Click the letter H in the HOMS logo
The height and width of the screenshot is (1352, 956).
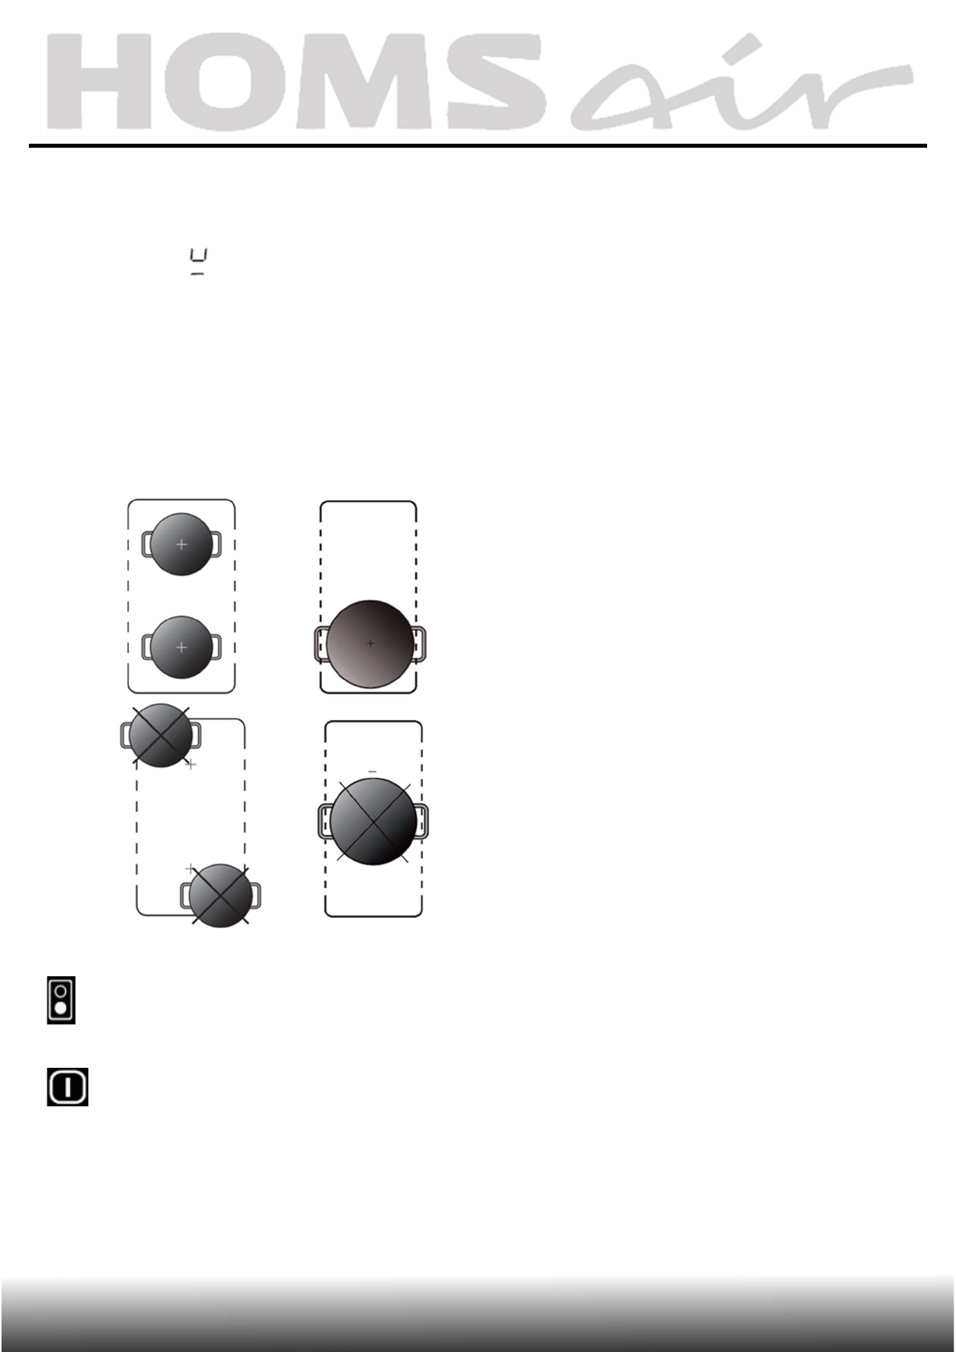(99, 81)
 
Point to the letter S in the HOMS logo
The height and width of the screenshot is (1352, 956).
(496, 81)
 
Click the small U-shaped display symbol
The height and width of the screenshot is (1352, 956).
(198, 261)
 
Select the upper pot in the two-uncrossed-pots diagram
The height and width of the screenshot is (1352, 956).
(181, 544)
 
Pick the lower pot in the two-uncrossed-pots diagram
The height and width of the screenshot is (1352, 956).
(181, 646)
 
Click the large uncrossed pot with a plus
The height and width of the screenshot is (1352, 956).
(371, 643)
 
